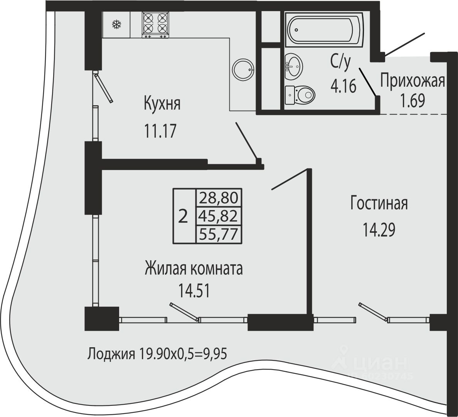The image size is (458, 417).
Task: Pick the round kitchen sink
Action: [x=242, y=70]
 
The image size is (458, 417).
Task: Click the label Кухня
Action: [x=162, y=104]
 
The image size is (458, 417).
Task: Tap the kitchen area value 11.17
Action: [x=160, y=131]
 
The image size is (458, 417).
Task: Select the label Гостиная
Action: [x=379, y=203]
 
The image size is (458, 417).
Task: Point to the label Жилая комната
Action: [x=194, y=269]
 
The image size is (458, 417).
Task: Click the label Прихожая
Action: [x=413, y=81]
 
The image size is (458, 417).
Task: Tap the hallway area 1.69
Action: [x=413, y=101]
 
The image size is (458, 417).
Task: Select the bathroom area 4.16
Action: [x=343, y=86]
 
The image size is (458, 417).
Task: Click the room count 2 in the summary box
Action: [x=184, y=217]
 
